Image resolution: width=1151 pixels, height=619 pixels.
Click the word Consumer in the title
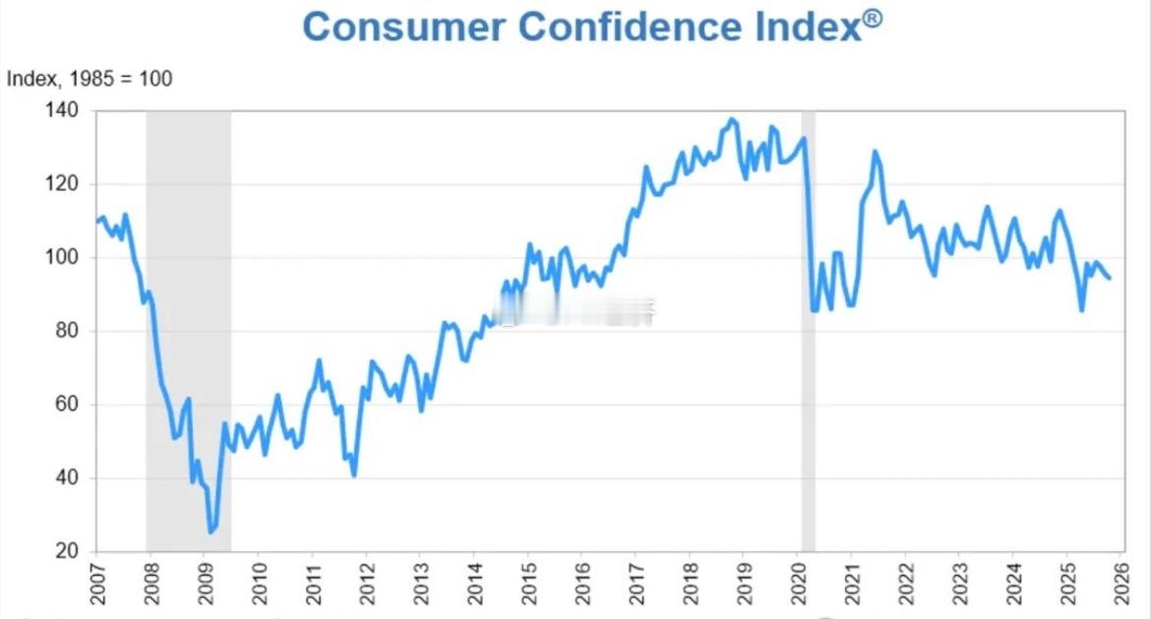click(x=402, y=27)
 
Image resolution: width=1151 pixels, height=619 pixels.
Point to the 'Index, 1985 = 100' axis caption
click(x=90, y=79)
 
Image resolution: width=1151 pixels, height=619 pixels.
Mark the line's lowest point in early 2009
click(x=210, y=531)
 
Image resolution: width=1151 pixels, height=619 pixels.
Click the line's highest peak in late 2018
click(x=730, y=120)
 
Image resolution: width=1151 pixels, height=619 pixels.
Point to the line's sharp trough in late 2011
click(x=353, y=475)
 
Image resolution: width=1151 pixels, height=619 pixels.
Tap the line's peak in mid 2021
click(x=875, y=152)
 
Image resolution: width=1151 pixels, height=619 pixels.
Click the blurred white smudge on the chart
click(x=575, y=313)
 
